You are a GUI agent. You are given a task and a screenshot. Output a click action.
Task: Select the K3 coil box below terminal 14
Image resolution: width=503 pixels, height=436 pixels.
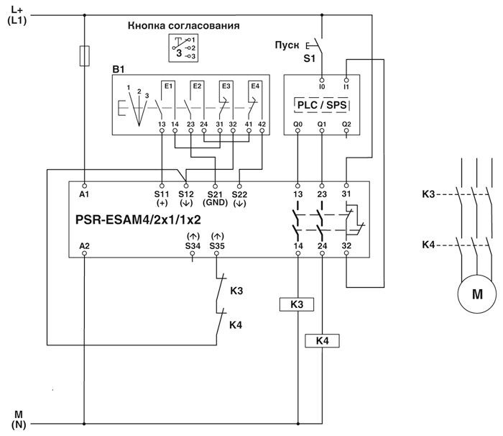click(297, 304)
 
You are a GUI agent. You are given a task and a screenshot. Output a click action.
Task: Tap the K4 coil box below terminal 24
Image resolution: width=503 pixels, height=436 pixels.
click(321, 340)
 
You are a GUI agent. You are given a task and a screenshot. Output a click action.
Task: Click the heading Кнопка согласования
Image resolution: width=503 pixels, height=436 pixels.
click(183, 25)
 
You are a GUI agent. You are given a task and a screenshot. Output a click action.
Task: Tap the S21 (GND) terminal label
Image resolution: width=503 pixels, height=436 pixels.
click(215, 199)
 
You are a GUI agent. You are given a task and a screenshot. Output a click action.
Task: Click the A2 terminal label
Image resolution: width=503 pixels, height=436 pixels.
click(84, 246)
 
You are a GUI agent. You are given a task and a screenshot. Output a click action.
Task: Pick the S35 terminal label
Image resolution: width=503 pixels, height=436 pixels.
click(216, 246)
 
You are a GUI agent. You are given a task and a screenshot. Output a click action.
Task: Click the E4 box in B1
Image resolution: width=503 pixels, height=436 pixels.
click(254, 87)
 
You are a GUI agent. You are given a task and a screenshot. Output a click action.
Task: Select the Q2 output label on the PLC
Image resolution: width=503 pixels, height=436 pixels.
click(346, 123)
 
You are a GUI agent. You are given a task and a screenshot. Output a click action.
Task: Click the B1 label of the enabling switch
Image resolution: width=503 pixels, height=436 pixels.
click(119, 69)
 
